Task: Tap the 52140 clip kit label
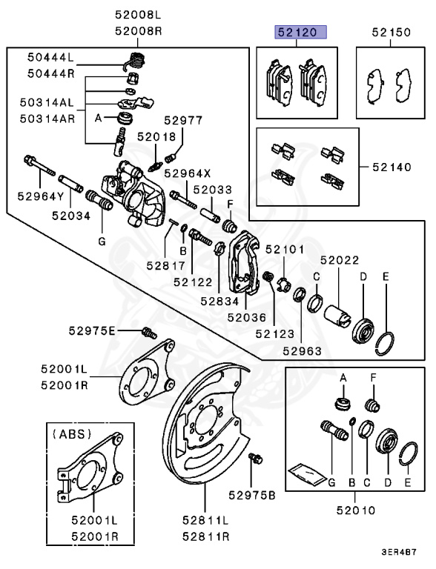pos(390,167)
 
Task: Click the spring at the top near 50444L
pos(135,60)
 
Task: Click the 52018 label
pos(156,136)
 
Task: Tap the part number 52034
pos(70,216)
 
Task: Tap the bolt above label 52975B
pos(257,459)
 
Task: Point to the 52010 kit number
pos(354,510)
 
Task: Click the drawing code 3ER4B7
pos(399,552)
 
